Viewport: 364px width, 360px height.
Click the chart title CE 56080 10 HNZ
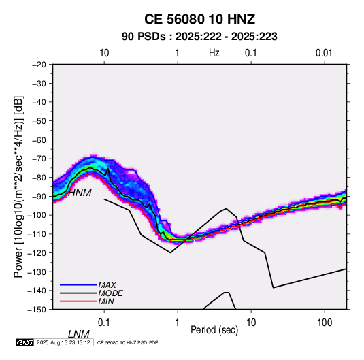click(199, 19)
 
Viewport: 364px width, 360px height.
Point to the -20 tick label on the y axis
click(39, 65)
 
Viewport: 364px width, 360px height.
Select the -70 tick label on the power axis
click(39, 159)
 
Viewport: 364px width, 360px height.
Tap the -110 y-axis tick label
click(37, 234)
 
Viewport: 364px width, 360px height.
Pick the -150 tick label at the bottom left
click(37, 310)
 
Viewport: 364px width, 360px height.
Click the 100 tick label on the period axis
click(325, 323)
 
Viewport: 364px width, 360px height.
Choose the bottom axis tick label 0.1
click(104, 323)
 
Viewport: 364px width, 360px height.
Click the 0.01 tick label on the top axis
click(324, 53)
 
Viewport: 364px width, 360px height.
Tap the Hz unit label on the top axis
click(214, 53)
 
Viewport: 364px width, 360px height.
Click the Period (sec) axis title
click(214, 330)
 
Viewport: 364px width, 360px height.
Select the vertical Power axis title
click(18, 187)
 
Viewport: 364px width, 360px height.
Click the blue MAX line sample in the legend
click(78, 284)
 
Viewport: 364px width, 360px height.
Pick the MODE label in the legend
click(110, 293)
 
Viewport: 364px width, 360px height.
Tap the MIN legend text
click(106, 301)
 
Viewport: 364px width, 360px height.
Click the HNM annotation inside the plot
click(80, 193)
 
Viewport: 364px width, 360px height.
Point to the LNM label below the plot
click(79, 334)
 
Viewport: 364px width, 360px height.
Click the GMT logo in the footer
click(25, 342)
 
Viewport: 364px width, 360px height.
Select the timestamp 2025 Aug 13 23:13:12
click(63, 342)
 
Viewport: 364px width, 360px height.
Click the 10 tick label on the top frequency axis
click(104, 53)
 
